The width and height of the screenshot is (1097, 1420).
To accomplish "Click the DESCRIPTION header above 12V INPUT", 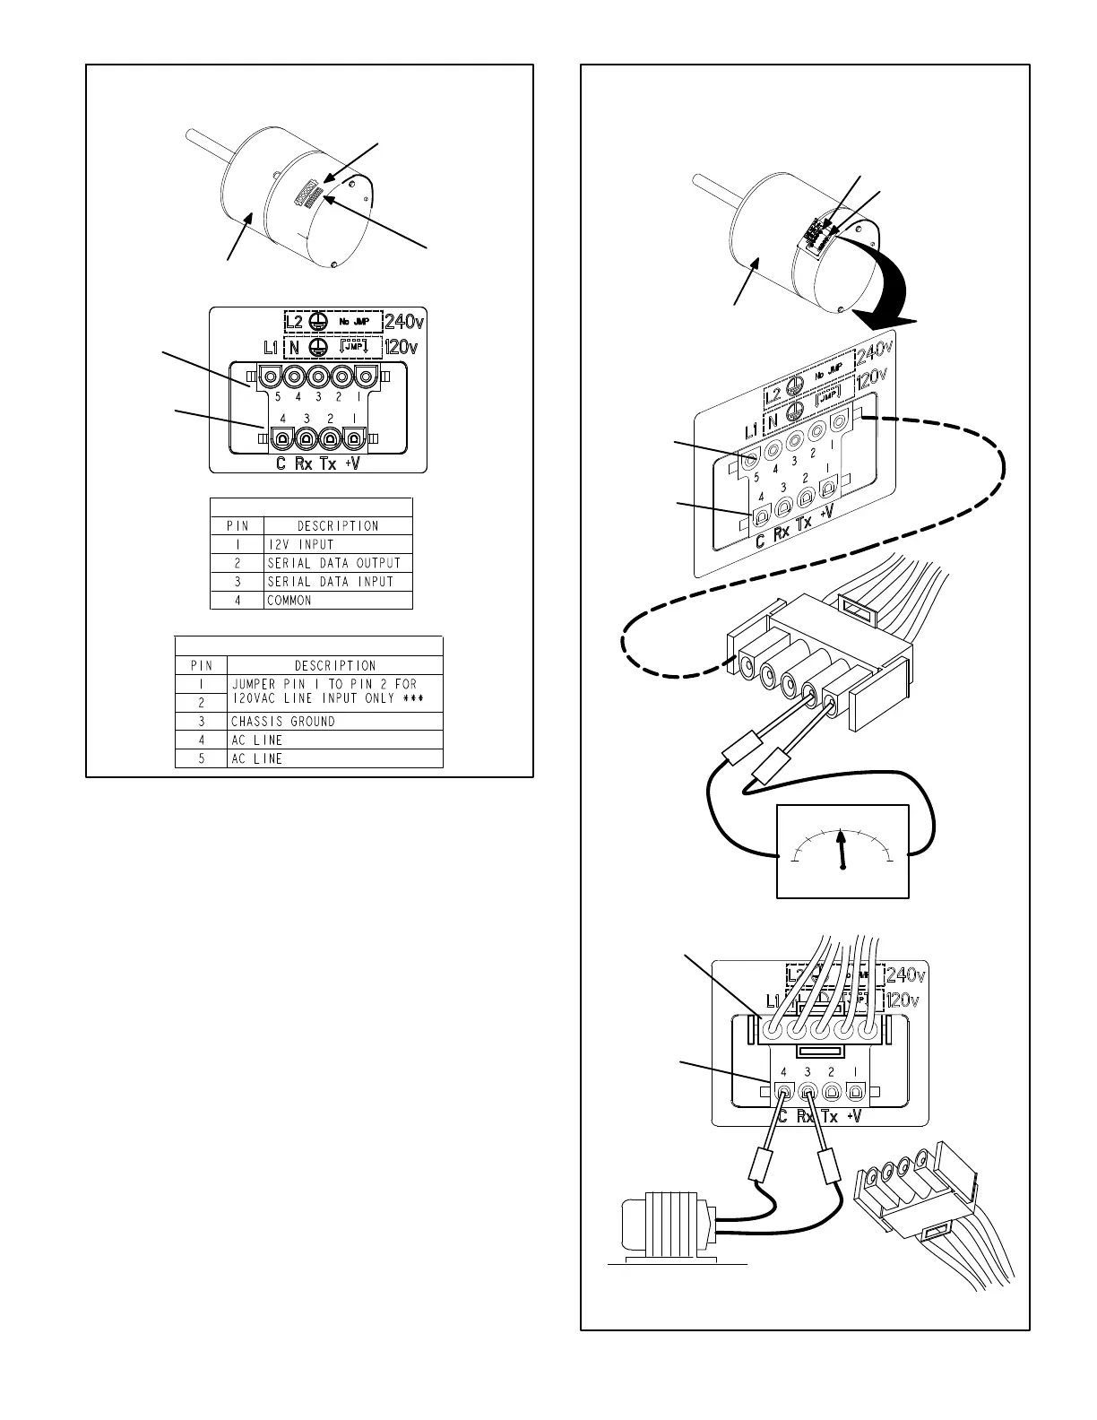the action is tap(337, 526).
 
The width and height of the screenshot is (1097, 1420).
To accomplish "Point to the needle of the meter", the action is tap(842, 849).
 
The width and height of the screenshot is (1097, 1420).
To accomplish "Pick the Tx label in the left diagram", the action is tap(329, 463).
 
